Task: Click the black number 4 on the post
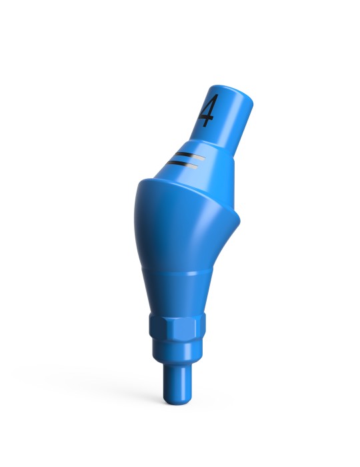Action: pyautogui.click(x=207, y=111)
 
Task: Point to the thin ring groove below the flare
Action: pyautogui.click(x=180, y=274)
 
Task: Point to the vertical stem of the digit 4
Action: pyautogui.click(x=210, y=111)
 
